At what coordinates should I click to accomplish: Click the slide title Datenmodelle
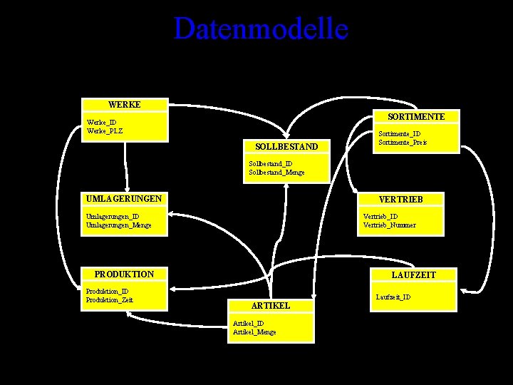(x=261, y=29)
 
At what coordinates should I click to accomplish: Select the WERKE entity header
(x=125, y=105)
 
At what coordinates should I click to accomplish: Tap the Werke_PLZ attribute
(x=105, y=130)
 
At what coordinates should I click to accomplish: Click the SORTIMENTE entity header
(x=417, y=116)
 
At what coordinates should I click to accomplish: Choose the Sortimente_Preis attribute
(x=403, y=142)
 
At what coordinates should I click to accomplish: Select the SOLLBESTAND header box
(x=286, y=147)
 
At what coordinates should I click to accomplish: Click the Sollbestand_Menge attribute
(x=277, y=172)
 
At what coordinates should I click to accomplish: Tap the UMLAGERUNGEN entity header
(x=124, y=198)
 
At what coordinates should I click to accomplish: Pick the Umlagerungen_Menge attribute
(x=118, y=225)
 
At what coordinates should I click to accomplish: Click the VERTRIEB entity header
(x=401, y=200)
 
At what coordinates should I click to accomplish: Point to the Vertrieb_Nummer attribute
(x=390, y=225)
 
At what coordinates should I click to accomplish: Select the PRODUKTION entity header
(x=124, y=274)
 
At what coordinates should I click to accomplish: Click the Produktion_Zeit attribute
(x=109, y=299)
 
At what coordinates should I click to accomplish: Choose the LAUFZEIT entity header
(x=414, y=274)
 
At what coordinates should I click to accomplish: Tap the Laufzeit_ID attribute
(x=393, y=297)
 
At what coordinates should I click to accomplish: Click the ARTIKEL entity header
(x=271, y=305)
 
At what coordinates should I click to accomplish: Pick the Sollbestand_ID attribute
(x=271, y=164)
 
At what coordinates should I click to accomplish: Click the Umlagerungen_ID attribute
(x=113, y=216)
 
